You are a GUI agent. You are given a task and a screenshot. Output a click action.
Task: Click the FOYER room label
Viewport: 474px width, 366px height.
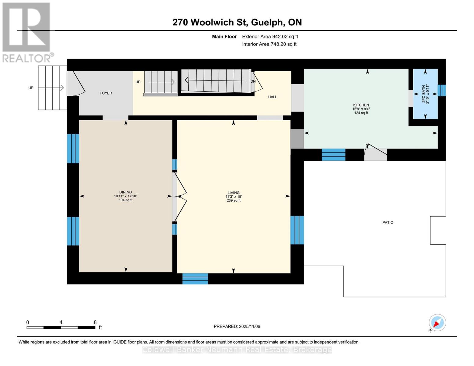(106, 93)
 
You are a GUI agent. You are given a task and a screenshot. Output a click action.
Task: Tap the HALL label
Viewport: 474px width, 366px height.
(273, 97)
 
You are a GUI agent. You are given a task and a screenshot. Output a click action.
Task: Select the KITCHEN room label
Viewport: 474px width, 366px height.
(361, 105)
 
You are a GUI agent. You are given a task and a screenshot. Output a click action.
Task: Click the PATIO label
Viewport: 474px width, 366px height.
(388, 222)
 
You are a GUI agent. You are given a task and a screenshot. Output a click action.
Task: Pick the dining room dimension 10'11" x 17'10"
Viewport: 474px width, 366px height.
(125, 196)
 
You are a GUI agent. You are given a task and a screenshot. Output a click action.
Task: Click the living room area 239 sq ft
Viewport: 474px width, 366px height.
(233, 200)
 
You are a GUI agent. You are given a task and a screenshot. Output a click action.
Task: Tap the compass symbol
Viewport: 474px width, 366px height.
(437, 323)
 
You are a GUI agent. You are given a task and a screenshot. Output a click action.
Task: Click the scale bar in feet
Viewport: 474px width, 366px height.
(61, 327)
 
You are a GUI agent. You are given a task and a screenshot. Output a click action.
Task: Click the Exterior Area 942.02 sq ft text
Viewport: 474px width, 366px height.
(270, 37)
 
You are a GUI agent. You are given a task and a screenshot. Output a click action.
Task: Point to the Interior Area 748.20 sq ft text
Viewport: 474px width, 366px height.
(269, 44)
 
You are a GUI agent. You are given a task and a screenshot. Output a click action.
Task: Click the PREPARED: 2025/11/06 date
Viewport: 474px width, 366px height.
(237, 326)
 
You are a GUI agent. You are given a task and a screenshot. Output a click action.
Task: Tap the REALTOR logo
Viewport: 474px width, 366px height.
(27, 32)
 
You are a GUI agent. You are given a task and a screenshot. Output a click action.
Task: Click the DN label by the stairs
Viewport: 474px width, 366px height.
(253, 81)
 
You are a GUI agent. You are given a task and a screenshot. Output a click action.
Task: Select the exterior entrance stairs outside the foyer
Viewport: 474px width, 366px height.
(52, 88)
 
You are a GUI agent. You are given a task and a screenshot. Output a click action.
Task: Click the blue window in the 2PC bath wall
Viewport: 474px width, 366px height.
(441, 90)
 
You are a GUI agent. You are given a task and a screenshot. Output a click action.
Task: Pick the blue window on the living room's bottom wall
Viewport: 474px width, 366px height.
(195, 279)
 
